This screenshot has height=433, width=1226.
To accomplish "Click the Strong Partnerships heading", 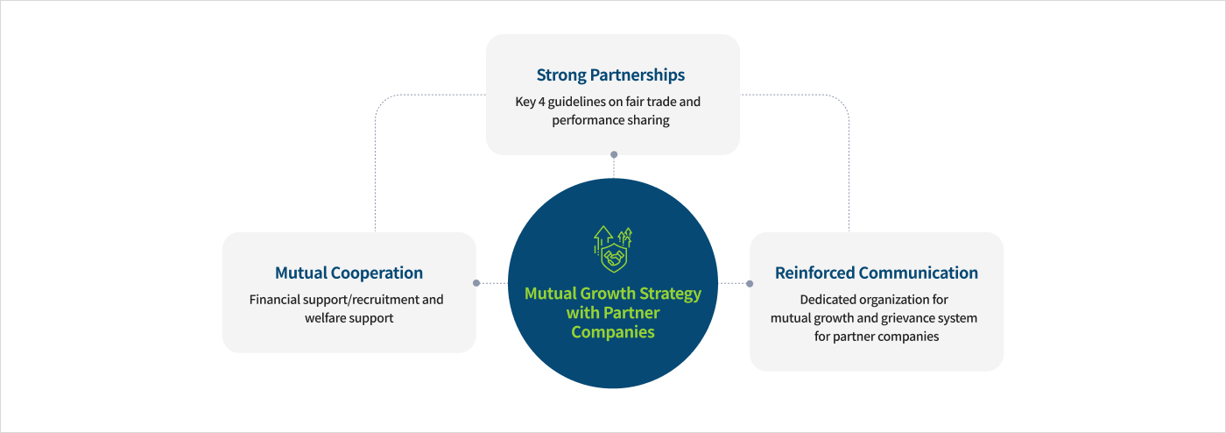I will pyautogui.click(x=610, y=75).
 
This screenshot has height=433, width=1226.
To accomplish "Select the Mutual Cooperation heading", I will pyautogui.click(x=349, y=273).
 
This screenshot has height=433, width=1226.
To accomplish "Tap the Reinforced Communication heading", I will pyautogui.click(x=876, y=273).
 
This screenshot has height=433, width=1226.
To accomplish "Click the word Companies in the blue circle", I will pyautogui.click(x=613, y=332).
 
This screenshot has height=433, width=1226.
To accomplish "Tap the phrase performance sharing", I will pyautogui.click(x=610, y=120).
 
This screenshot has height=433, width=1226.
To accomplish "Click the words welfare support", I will pyautogui.click(x=349, y=318).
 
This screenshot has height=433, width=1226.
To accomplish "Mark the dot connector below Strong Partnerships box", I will pyautogui.click(x=613, y=154).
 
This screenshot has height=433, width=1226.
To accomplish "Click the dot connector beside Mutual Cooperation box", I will pyautogui.click(x=476, y=283).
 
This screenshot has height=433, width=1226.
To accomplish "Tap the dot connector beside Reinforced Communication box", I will pyautogui.click(x=750, y=283).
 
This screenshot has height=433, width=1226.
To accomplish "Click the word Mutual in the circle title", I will pyautogui.click(x=551, y=294).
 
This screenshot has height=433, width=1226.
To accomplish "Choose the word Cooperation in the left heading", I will pyautogui.click(x=376, y=273).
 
